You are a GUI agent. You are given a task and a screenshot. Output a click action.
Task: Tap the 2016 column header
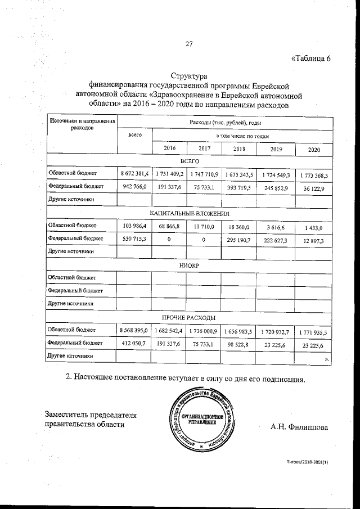tap(169, 148)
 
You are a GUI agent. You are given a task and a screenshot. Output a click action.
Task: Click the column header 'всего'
tap(134, 136)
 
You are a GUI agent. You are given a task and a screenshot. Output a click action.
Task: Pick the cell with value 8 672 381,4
tap(134, 174)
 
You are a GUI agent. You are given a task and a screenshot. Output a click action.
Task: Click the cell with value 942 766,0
tap(134, 187)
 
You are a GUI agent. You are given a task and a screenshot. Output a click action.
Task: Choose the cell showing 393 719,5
tap(239, 187)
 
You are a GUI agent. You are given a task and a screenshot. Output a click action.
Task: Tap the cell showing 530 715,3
tap(134, 239)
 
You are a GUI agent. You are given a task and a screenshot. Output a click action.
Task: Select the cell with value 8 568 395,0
tap(134, 330)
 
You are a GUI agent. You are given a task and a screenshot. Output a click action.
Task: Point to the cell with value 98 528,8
tap(239, 343)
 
